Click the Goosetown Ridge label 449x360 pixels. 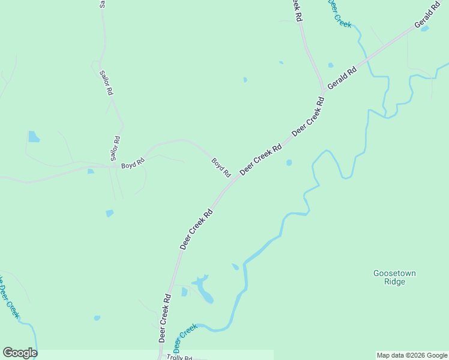coord(394,277)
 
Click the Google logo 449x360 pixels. coord(20,353)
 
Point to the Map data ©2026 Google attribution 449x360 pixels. coord(412,355)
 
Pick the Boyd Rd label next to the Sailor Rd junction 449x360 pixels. coord(133,163)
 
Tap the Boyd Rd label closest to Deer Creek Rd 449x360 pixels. coord(221,167)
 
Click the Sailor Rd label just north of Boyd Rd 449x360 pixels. coord(115,149)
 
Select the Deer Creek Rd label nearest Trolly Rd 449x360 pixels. coord(166,317)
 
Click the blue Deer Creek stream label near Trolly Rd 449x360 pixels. coord(185,338)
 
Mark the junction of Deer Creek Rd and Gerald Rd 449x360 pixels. coord(324,91)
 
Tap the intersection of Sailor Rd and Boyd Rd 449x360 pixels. coord(112,166)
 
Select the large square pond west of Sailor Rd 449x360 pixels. coord(34,137)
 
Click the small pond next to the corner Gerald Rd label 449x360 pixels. coord(425,28)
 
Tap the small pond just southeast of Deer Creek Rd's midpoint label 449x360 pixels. coord(289,163)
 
